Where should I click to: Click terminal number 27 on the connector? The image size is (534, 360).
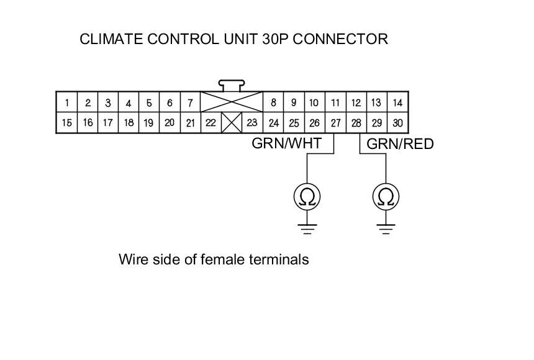[335, 123]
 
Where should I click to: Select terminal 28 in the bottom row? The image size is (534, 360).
[356, 123]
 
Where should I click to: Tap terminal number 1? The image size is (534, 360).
[66, 103]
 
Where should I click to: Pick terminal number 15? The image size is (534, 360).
[66, 123]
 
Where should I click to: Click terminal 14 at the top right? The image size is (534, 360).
[397, 102]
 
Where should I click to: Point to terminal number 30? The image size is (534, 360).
[397, 123]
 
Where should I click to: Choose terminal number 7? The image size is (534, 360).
[190, 103]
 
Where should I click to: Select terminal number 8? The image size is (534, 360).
[273, 102]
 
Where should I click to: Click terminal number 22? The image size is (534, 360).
[210, 123]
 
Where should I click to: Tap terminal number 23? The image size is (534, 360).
[252, 123]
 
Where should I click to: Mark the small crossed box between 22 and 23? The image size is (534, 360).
[232, 122]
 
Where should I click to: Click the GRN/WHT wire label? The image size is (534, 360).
[286, 144]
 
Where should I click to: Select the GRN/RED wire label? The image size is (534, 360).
[400, 144]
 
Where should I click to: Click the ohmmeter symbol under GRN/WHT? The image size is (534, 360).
[308, 197]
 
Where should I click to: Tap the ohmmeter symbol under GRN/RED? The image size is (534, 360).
[386, 197]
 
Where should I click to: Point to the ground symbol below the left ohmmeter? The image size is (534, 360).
[308, 227]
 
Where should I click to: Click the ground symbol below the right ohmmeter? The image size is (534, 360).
[386, 228]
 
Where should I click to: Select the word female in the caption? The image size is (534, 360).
[224, 259]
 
